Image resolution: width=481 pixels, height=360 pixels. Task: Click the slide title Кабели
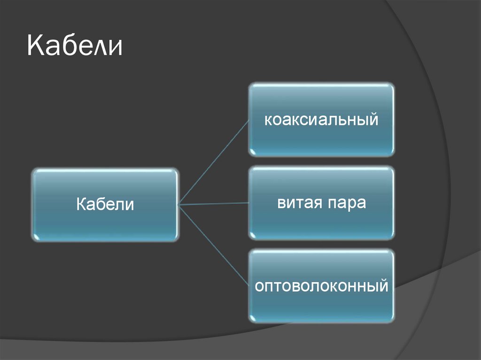(x=75, y=47)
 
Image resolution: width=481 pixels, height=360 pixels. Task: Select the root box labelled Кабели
(x=105, y=205)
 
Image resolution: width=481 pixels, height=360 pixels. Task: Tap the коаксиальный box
(x=321, y=120)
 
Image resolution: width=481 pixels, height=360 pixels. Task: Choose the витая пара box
(x=321, y=203)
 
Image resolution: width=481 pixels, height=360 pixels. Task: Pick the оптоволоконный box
(x=321, y=286)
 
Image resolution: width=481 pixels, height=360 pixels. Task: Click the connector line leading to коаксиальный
(x=214, y=162)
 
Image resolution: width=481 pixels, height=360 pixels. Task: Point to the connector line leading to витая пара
(x=214, y=204)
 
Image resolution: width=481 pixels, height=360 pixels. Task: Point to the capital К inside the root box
(x=80, y=205)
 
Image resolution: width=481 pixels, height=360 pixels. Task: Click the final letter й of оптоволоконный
(x=383, y=286)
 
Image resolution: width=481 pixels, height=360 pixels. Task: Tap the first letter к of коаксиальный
(x=267, y=121)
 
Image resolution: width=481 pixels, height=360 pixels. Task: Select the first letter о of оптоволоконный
(x=258, y=286)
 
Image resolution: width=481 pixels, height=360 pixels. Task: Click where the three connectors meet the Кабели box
(x=179, y=205)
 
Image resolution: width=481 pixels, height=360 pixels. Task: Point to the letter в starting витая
(x=281, y=204)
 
